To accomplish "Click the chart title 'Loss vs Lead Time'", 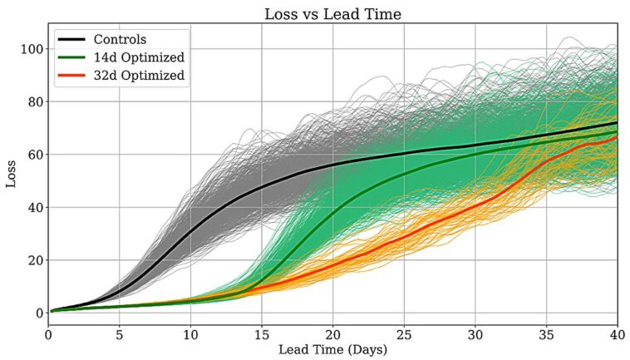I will (332, 14).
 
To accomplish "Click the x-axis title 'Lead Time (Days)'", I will (332, 350).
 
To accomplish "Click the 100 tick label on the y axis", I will (30, 49).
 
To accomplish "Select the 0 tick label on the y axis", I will (37, 313).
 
